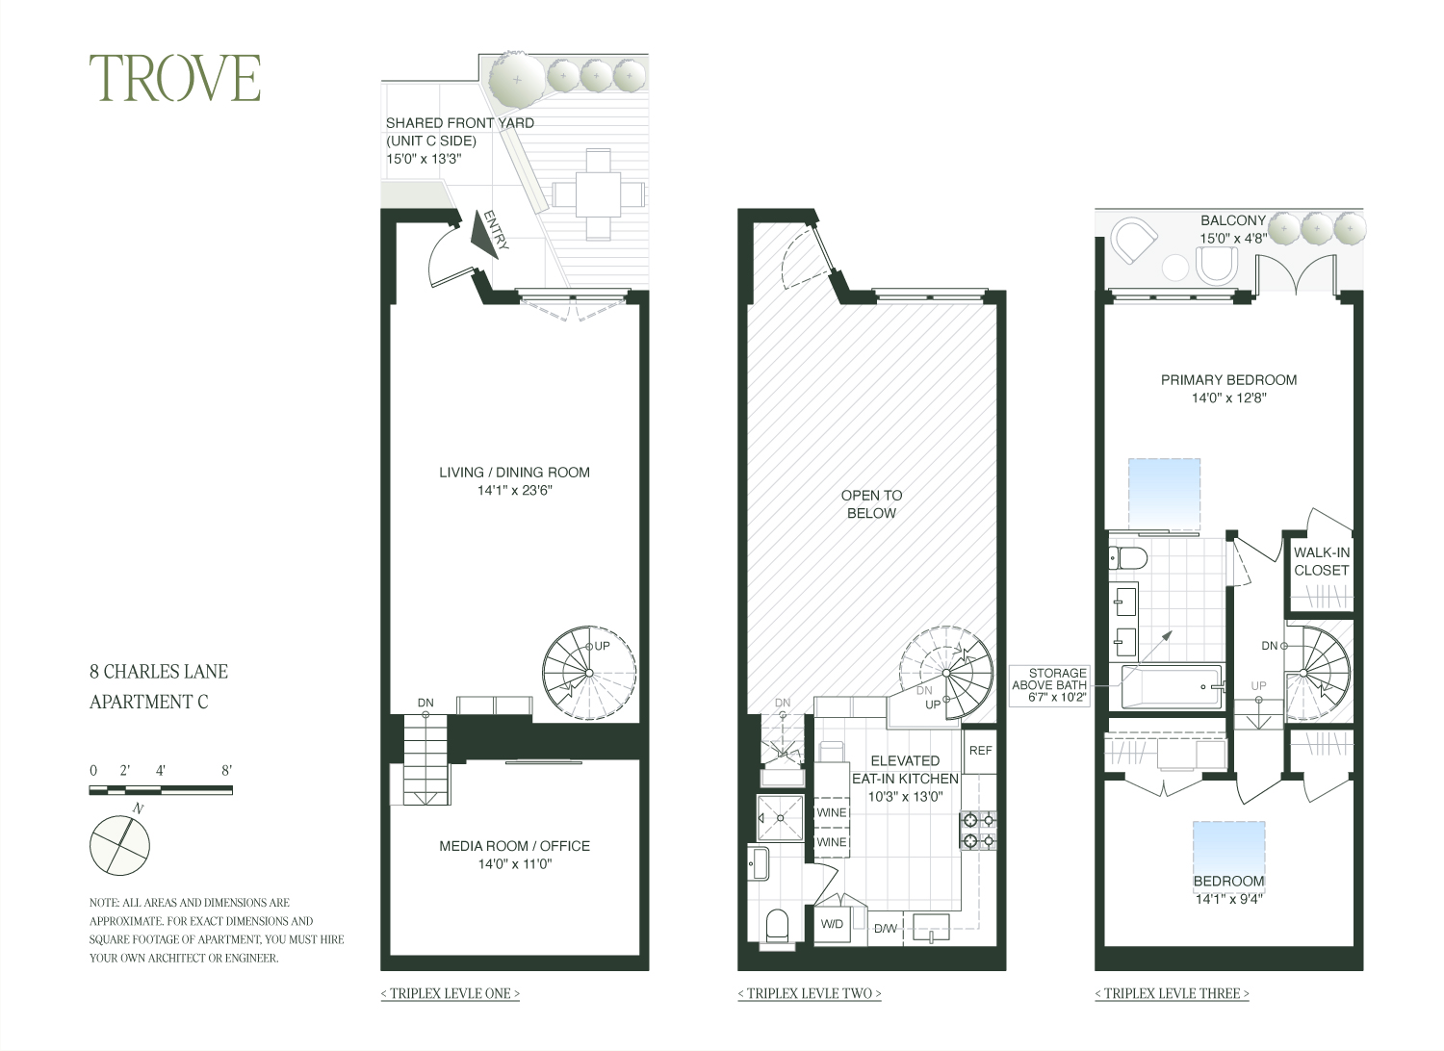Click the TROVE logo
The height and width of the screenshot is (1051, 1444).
click(x=175, y=79)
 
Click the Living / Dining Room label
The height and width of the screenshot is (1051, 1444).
click(x=514, y=472)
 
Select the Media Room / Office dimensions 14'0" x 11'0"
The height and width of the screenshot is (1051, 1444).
click(x=514, y=864)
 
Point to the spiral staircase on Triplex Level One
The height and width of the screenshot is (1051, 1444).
click(x=588, y=671)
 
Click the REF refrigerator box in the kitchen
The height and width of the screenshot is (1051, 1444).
click(x=980, y=751)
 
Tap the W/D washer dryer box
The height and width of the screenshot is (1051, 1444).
click(x=832, y=924)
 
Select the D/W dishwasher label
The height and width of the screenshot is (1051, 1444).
click(x=886, y=929)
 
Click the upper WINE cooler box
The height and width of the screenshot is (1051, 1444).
click(x=832, y=812)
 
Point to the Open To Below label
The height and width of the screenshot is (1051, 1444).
click(x=871, y=504)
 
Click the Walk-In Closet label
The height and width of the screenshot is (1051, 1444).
click(x=1321, y=561)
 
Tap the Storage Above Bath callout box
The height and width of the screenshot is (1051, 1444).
click(x=1050, y=686)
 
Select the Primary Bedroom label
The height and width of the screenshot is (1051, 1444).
click(x=1228, y=379)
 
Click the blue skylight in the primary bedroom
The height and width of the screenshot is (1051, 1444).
click(x=1164, y=493)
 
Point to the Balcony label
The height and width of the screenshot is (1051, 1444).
click(x=1232, y=220)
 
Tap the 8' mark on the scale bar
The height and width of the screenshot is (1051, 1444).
click(x=227, y=770)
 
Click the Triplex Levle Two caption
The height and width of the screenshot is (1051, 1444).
click(x=809, y=993)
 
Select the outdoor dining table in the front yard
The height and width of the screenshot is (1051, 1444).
click(x=598, y=196)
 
